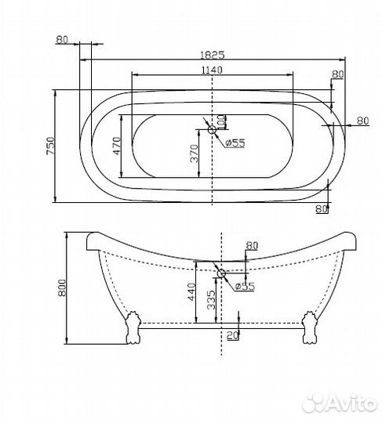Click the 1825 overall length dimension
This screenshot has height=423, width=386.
pyautogui.click(x=213, y=55)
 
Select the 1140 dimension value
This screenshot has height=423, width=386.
pyautogui.click(x=212, y=70)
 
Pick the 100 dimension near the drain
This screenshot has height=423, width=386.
pyautogui.click(x=221, y=123)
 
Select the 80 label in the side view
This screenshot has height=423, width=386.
pyautogui.click(x=251, y=245)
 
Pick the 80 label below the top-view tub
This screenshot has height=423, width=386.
pyautogui.click(x=320, y=208)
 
